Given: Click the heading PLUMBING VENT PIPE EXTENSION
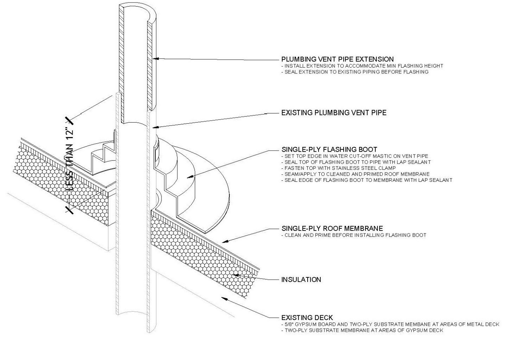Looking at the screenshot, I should [337, 59].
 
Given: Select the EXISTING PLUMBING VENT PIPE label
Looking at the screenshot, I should [333, 113].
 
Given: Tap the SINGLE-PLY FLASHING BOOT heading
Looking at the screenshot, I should [329, 149].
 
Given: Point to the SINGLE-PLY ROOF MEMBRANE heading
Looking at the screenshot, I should [332, 229].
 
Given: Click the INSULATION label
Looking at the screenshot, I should [301, 280].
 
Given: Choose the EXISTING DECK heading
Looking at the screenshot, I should [307, 318].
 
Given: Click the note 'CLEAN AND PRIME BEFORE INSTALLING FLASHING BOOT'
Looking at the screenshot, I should [355, 235].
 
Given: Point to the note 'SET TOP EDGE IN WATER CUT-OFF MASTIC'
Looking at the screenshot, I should [356, 156].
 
